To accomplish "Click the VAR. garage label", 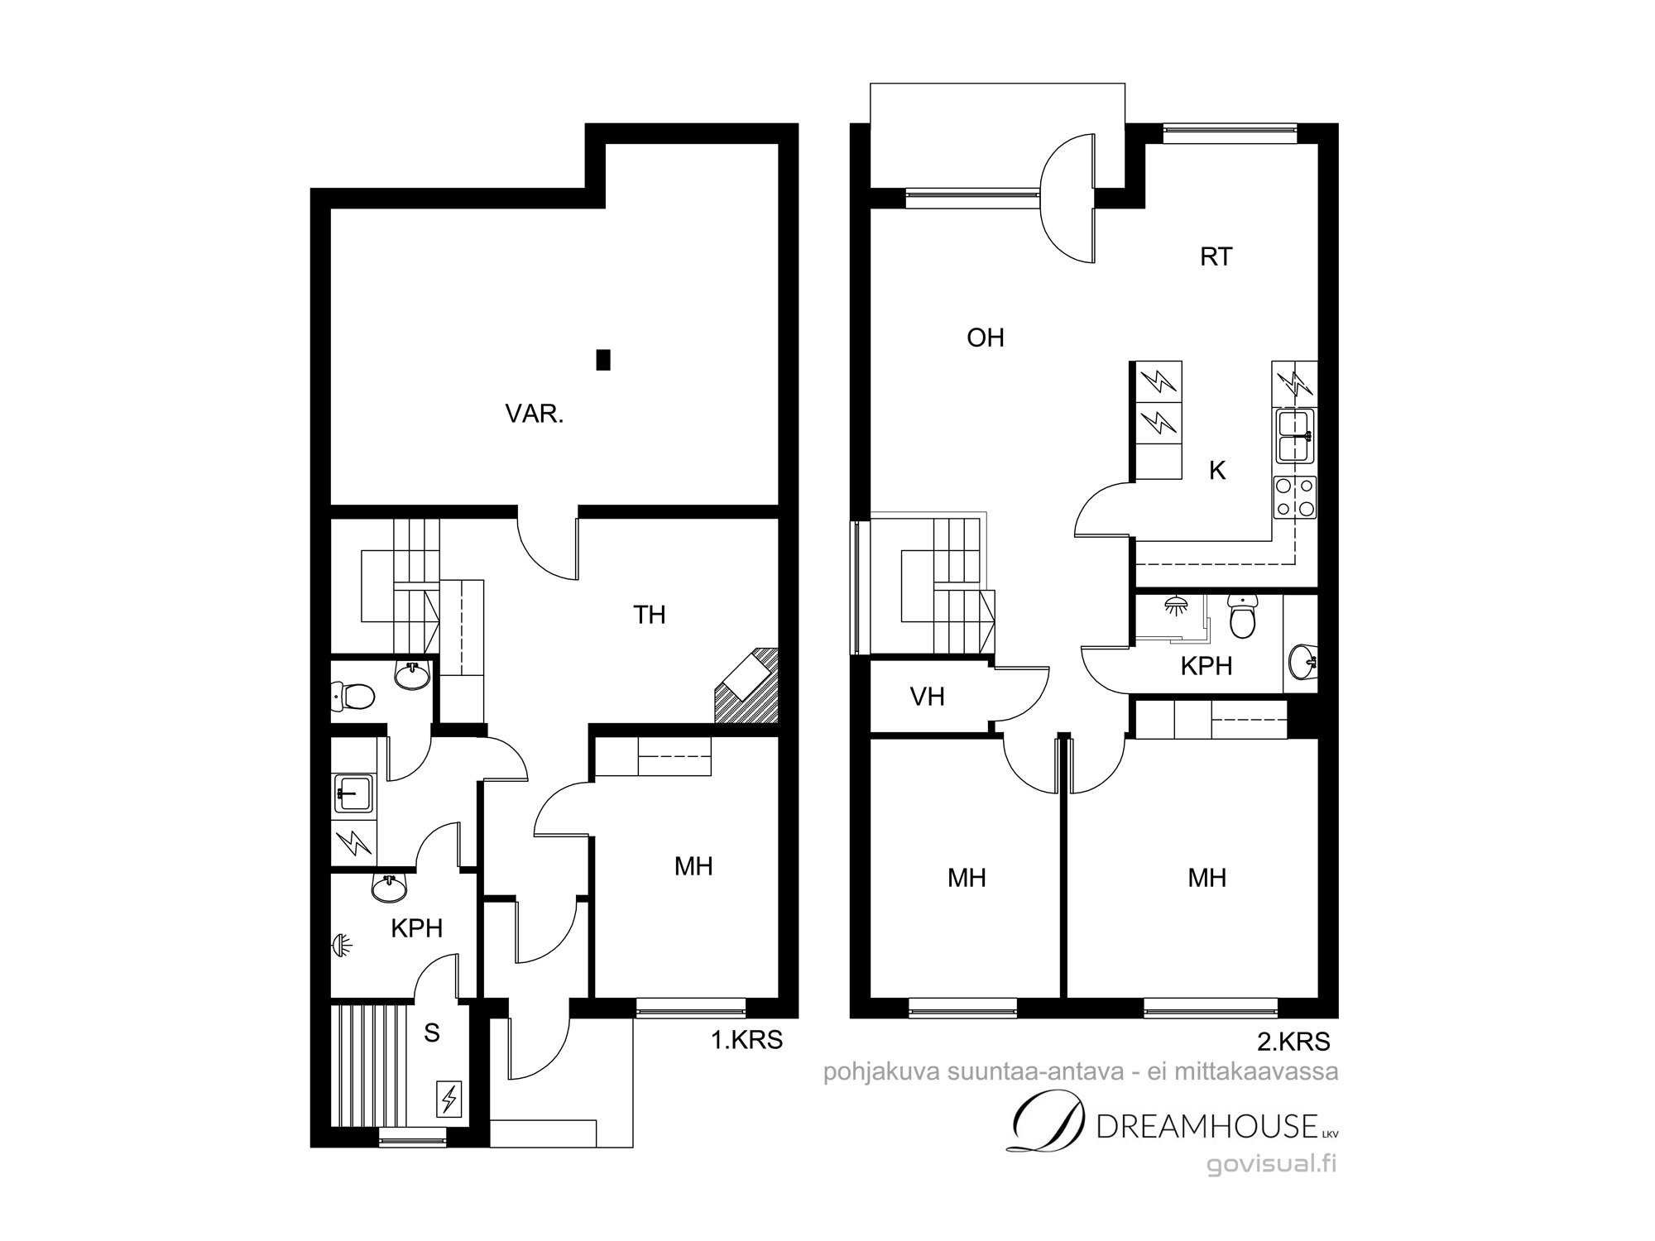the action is [x=535, y=414].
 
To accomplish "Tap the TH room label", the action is [x=650, y=615].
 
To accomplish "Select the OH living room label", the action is [x=986, y=338].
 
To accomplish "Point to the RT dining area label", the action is [x=1216, y=256].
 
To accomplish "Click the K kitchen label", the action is [x=1217, y=471].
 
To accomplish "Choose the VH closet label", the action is [x=928, y=697].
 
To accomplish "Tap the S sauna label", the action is [x=431, y=1033].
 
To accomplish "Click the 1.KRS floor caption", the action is [x=747, y=1040].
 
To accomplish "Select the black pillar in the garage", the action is [x=603, y=360].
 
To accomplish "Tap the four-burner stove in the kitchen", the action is [x=1294, y=498].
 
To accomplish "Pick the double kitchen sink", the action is [x=1295, y=436].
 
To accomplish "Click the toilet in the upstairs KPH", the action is [x=1243, y=616].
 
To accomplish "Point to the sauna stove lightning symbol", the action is [x=449, y=1100].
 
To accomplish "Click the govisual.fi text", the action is [x=1272, y=1164].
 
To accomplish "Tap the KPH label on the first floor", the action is [x=416, y=928].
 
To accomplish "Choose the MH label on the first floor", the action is [x=693, y=866].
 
